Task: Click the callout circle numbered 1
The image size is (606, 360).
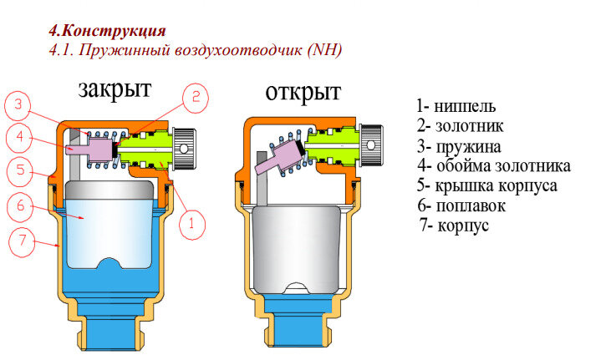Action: coord(191,223)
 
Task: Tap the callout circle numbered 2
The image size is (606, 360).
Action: coord(194,98)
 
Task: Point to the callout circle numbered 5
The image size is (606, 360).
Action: coord(18,172)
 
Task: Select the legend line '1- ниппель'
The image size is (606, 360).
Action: coord(457,107)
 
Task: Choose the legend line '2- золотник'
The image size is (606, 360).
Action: coord(462,126)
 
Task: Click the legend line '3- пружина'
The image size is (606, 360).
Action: coord(461,146)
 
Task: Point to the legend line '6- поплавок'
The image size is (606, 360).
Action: coord(464,205)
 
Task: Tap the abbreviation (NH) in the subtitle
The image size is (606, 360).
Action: coord(325,50)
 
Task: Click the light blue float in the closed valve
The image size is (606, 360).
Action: coord(117,221)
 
